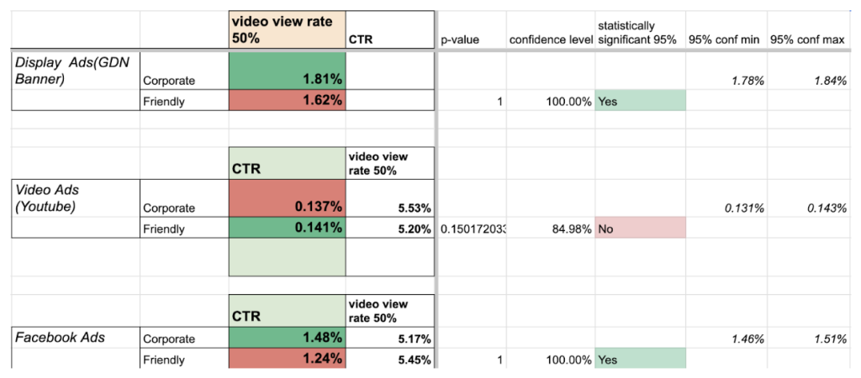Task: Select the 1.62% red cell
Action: point(287,100)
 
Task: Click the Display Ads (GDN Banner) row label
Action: point(65,71)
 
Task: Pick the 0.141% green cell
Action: point(287,228)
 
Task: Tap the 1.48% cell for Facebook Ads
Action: point(287,339)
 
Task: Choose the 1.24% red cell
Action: point(287,360)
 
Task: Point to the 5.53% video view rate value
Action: point(414,207)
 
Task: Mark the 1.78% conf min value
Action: point(747,80)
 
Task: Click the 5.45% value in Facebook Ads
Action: point(414,360)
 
